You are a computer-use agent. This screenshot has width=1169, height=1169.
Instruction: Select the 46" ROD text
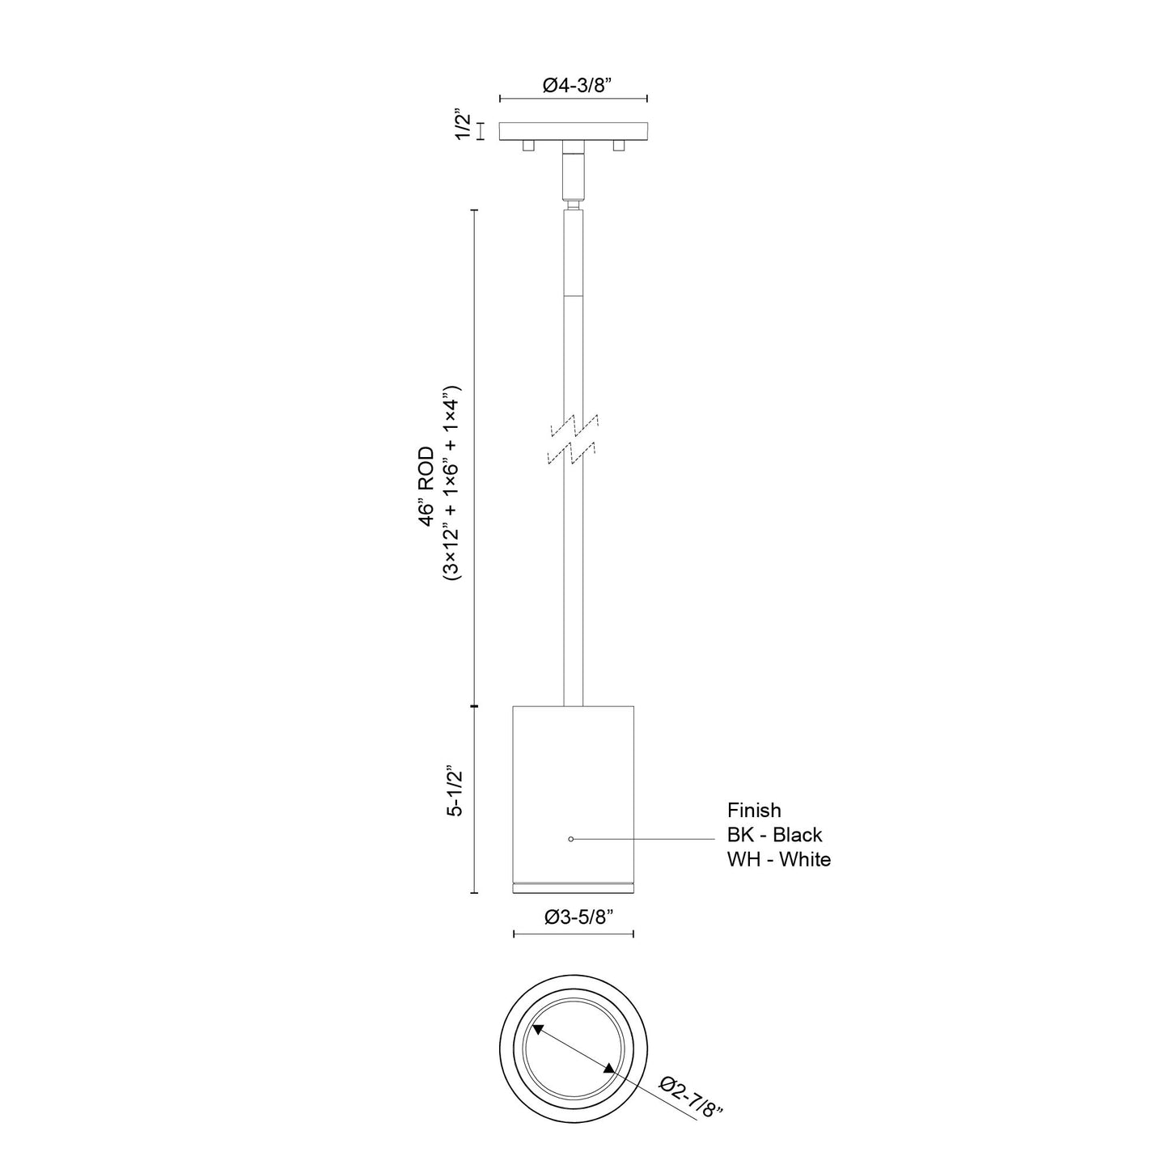(427, 487)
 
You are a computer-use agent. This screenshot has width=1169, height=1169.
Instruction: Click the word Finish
(754, 810)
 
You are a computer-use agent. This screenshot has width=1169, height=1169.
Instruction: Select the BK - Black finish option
(774, 834)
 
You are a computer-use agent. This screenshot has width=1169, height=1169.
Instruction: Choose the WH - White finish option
(778, 859)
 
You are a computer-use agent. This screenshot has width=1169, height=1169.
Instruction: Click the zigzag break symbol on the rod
(573, 440)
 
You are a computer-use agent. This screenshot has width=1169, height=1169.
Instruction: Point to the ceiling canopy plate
(573, 130)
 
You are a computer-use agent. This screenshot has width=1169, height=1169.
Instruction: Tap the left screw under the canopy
(527, 146)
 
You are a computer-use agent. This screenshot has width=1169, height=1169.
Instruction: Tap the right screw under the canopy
(619, 146)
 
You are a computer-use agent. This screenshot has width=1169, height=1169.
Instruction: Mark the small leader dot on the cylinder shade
(571, 839)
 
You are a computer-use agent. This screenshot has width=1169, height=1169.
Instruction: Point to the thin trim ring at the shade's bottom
(573, 888)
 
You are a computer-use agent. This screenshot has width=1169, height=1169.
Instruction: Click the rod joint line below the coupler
(573, 296)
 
